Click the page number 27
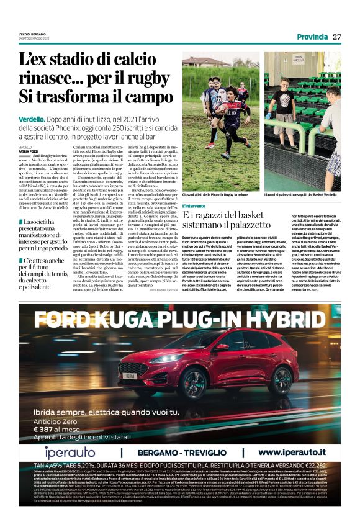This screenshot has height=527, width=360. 337,36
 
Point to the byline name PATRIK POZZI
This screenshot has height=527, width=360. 29,150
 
